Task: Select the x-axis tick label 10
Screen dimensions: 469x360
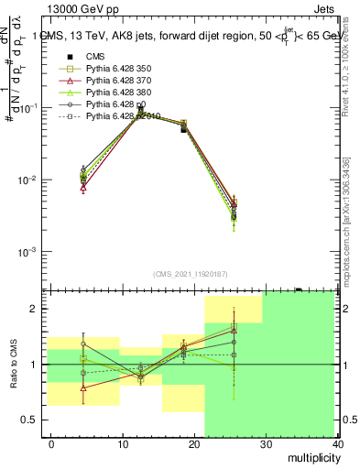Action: coord(123,443)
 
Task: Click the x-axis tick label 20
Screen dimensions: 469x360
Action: coord(194,443)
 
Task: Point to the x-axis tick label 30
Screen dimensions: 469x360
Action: coord(266,443)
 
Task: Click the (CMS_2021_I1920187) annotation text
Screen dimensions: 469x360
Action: coord(189,273)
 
